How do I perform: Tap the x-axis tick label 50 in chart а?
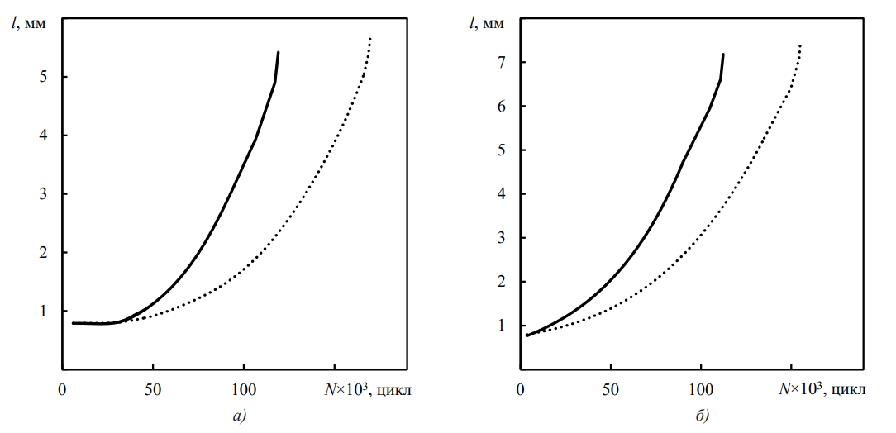click(x=153, y=388)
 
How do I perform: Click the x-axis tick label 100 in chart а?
click(x=244, y=388)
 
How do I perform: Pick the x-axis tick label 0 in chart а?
click(x=63, y=388)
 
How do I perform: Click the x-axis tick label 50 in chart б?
click(x=610, y=388)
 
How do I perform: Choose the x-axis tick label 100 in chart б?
click(x=701, y=388)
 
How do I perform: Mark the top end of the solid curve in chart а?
click(x=279, y=52)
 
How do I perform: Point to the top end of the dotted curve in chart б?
click(x=801, y=45)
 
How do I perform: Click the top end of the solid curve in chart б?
click(x=723, y=55)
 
